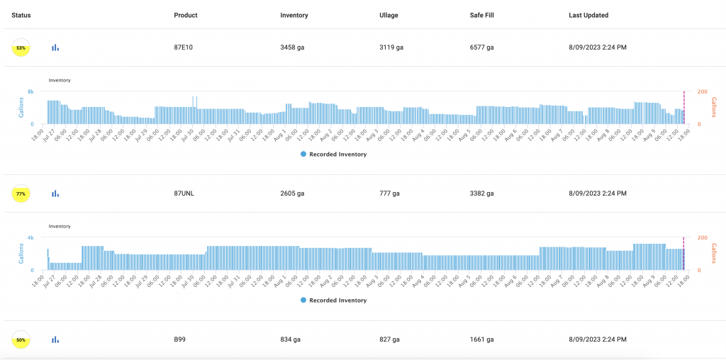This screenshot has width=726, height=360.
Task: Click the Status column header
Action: click(x=21, y=15)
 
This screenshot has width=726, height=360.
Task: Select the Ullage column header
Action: click(x=389, y=15)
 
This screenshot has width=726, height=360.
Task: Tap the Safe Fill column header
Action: click(x=482, y=15)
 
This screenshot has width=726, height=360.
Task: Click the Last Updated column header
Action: click(x=588, y=15)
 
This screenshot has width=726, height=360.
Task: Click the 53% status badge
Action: click(x=21, y=47)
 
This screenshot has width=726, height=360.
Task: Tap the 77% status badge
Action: click(x=21, y=193)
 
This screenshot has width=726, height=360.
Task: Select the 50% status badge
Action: click(x=21, y=340)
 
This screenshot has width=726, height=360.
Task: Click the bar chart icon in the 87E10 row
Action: click(x=55, y=47)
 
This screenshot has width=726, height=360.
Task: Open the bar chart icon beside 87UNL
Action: click(x=55, y=193)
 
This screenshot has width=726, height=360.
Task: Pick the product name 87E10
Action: click(x=184, y=47)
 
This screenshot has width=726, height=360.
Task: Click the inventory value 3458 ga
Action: click(x=293, y=47)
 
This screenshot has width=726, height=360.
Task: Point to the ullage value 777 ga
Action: click(x=389, y=193)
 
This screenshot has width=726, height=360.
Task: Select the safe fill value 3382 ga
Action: click(x=482, y=193)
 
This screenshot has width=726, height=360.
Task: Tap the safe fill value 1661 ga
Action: click(x=481, y=340)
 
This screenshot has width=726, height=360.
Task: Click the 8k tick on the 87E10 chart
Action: click(x=31, y=92)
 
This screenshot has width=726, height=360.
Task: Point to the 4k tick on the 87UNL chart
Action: click(x=31, y=237)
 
